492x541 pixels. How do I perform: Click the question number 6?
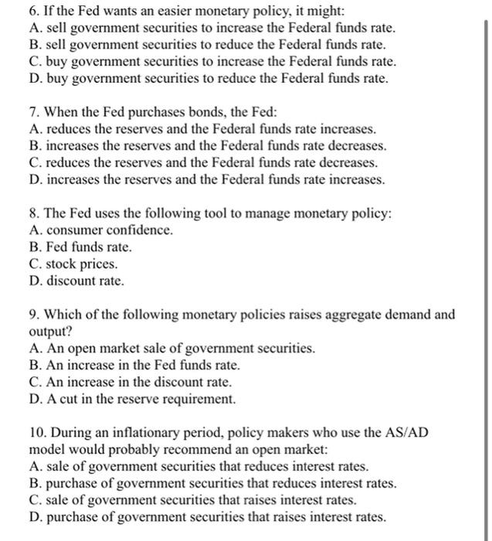click(x=32, y=12)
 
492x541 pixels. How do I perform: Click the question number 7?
click(x=32, y=112)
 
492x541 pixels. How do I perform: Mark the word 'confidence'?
click(x=137, y=230)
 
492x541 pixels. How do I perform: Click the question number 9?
click(x=32, y=315)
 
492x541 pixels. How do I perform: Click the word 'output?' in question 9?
click(x=48, y=332)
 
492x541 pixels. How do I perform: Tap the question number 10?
click(x=35, y=433)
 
